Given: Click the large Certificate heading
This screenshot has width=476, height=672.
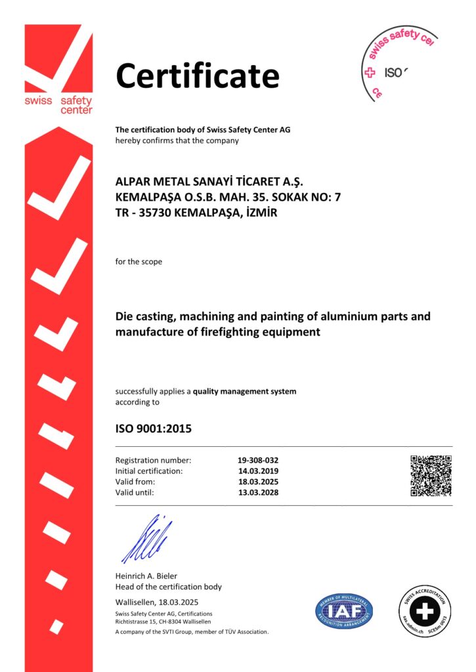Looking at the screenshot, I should coord(198,76).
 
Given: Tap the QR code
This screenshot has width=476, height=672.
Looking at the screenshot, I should coord(431,475).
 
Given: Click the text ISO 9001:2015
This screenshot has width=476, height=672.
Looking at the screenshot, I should coord(154,429).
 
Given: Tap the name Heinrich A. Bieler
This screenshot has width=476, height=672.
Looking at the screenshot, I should coord(146,576).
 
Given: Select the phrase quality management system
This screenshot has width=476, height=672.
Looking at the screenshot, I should coord(244,391).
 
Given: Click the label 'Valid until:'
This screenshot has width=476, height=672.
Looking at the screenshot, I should coord(135,492).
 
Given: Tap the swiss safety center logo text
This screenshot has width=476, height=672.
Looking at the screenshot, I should coord(58,105).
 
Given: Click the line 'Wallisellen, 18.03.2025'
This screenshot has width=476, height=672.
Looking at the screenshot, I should coord(157,602).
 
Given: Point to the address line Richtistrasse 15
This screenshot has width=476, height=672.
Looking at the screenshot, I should coord(141,621).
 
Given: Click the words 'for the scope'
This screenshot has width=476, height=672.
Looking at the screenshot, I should coord(139,262).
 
